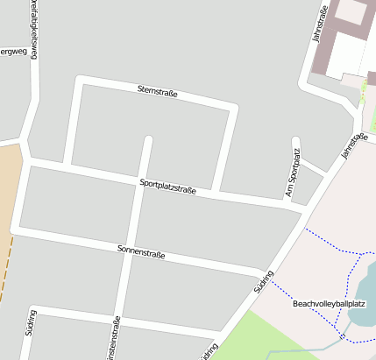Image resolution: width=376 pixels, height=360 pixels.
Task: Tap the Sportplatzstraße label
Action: [x=167, y=186]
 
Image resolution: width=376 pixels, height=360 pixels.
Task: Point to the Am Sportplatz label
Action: [x=293, y=173]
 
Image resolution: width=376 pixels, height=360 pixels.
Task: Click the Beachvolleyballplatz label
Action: [x=329, y=304]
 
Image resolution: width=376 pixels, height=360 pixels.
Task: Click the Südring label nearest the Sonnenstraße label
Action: [x=263, y=281]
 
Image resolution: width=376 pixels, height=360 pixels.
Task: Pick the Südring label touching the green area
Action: [x=209, y=351]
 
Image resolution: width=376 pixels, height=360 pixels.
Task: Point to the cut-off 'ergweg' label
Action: [x=13, y=52]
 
